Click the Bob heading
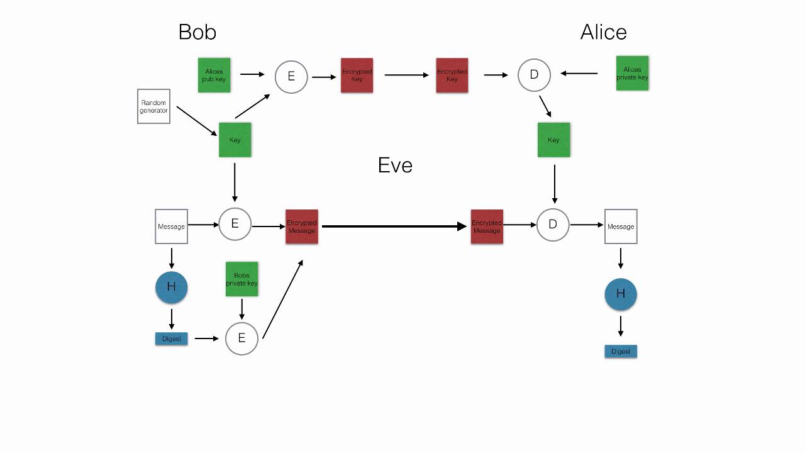(197, 32)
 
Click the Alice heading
(603, 32)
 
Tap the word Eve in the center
(395, 165)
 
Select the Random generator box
(153, 106)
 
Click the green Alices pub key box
(214, 75)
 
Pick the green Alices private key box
(632, 74)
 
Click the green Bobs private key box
(241, 279)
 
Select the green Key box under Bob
(235, 140)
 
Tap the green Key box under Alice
(553, 140)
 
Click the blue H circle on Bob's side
(172, 287)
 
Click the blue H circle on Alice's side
(621, 294)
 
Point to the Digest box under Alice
(621, 351)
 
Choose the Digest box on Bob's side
(172, 338)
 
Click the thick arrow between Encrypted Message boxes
(393, 226)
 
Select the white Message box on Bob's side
(171, 226)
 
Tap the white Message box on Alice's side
(621, 226)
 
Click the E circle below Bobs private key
(241, 338)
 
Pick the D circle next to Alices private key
(534, 75)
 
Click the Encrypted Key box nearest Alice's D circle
(452, 75)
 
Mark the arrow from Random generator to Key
(196, 121)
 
